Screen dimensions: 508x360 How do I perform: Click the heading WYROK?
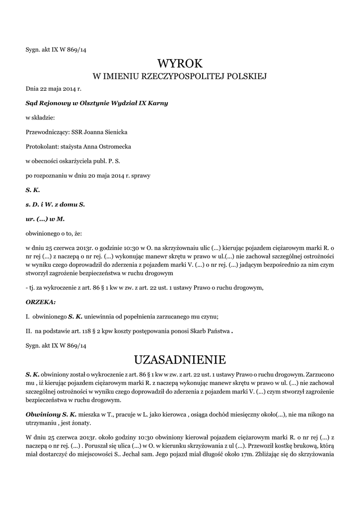point(180,63)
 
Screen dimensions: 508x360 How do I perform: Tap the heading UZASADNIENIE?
point(180,359)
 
